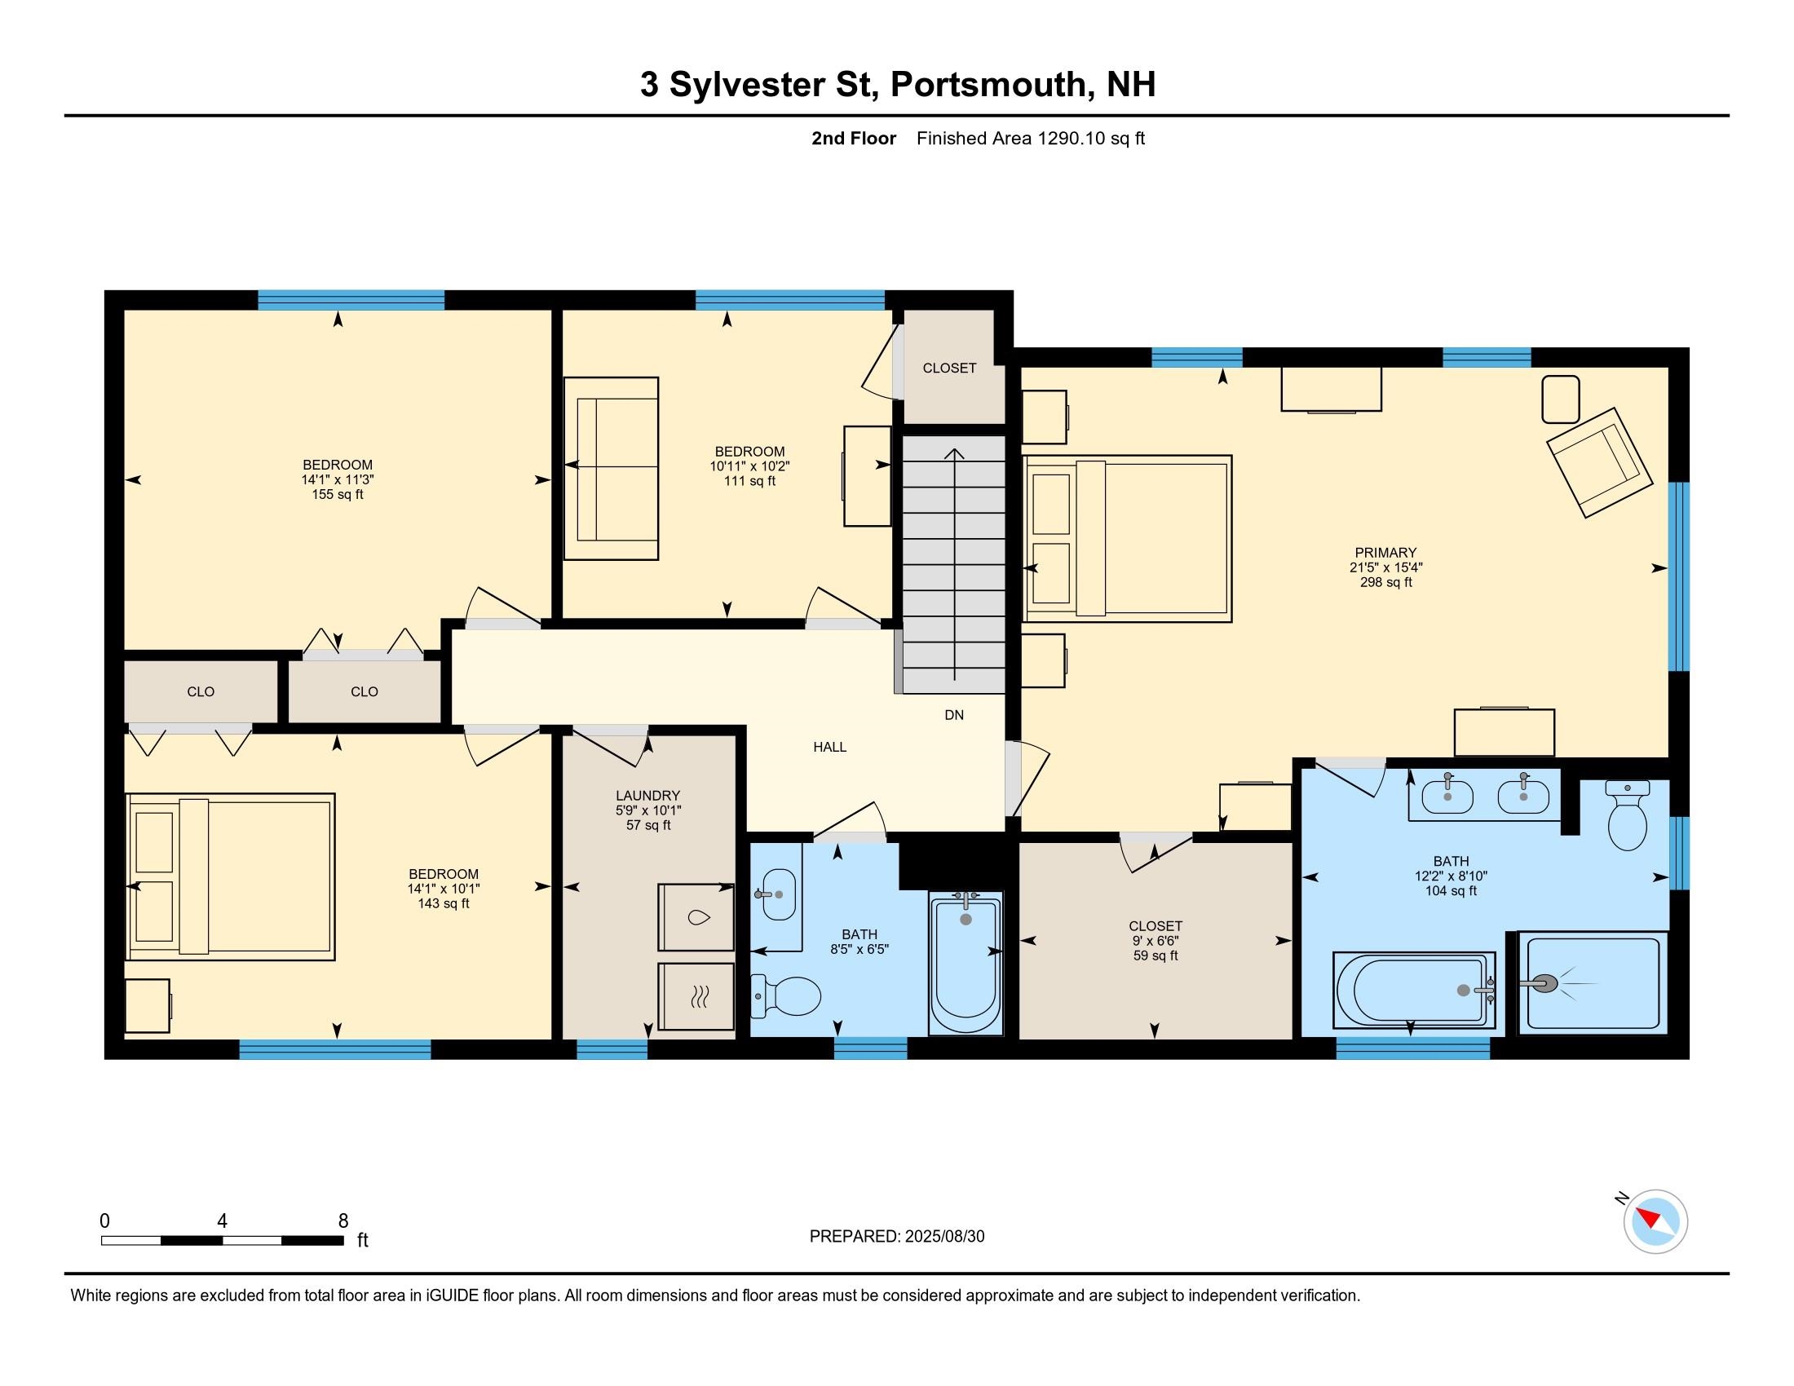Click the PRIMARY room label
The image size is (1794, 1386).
1385,553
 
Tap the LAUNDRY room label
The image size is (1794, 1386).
648,795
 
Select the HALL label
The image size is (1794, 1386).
829,746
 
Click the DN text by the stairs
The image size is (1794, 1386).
954,715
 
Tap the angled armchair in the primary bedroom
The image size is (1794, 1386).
1598,461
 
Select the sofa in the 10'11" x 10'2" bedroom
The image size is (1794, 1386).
611,468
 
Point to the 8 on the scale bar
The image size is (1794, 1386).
343,1220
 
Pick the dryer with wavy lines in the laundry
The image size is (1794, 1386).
696,996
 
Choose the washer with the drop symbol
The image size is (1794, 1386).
696,917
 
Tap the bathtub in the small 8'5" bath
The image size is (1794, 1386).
966,964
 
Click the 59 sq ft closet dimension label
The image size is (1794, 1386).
1155,956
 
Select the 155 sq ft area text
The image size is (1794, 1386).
338,494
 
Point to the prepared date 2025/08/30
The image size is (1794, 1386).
943,1237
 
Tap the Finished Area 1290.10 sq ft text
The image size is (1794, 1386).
1030,139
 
